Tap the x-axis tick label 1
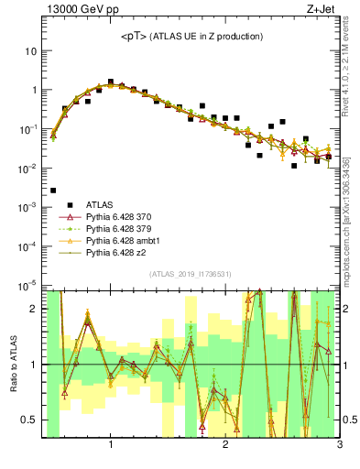111,445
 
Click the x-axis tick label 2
225,445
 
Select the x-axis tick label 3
338,445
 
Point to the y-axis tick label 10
30,51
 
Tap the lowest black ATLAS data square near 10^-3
53,191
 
